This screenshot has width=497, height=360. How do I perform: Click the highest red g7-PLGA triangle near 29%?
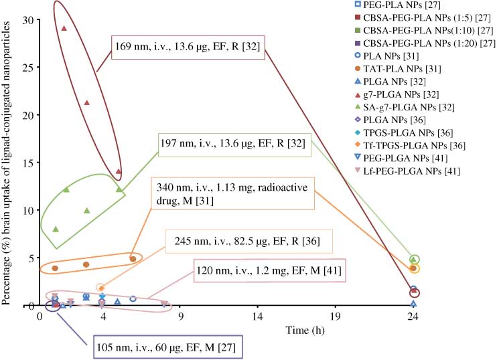[x=64, y=28]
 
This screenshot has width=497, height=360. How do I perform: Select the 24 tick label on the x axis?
[x=414, y=318]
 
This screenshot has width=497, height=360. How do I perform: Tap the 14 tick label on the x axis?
[x=258, y=318]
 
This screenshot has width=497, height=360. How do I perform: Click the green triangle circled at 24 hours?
[x=414, y=259]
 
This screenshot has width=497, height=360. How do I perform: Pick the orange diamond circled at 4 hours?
[x=101, y=288]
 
